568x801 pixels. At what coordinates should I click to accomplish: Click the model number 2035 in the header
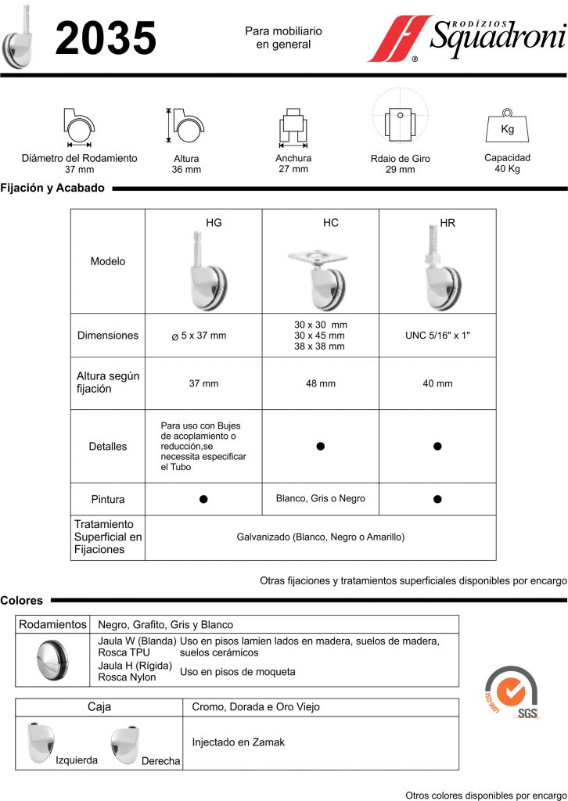tap(106, 38)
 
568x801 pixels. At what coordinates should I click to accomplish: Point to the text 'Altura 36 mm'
tap(186, 163)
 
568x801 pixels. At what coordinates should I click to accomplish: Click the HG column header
tap(214, 223)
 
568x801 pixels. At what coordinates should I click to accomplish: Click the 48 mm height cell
tap(320, 384)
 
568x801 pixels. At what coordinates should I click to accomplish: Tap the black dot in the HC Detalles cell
tap(320, 446)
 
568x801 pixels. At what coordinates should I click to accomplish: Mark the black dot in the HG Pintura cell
tap(203, 499)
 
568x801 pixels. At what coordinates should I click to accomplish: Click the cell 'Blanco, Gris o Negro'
tap(320, 498)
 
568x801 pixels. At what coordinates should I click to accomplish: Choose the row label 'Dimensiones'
tap(108, 336)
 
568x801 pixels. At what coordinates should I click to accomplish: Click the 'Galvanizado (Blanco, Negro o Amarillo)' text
tap(320, 537)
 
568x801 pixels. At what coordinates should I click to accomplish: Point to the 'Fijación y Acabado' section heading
tap(52, 189)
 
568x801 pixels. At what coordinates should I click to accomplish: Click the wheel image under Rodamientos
tap(53, 660)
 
